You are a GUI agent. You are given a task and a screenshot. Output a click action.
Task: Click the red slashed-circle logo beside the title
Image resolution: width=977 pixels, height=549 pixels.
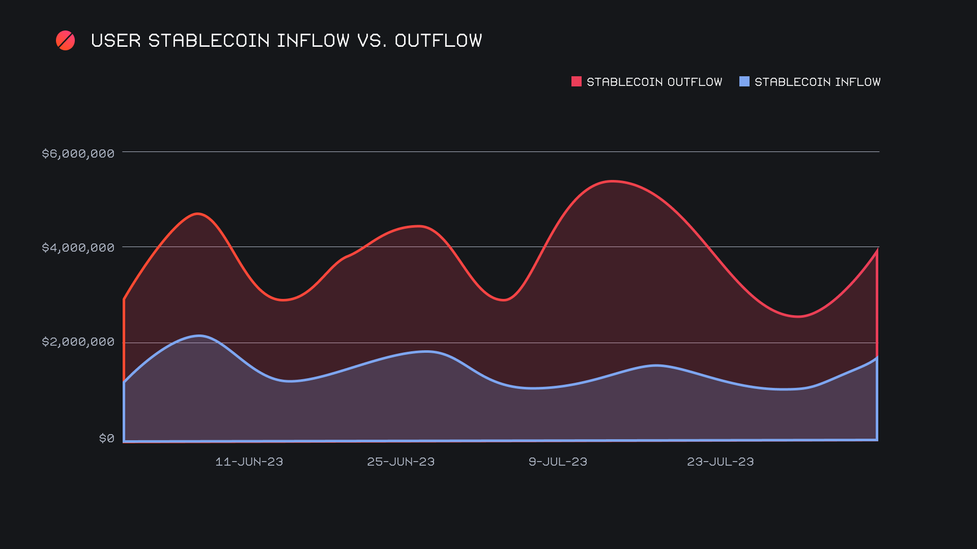65,41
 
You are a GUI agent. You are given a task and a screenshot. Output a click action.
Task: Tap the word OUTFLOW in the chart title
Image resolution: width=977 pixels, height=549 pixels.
438,41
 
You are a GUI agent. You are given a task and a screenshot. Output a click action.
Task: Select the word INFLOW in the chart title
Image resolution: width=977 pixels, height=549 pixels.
313,41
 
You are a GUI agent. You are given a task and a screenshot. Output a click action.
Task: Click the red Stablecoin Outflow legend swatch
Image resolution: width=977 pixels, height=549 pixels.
576,81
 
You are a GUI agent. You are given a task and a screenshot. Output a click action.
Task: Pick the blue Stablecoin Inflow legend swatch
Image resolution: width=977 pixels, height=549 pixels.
744,81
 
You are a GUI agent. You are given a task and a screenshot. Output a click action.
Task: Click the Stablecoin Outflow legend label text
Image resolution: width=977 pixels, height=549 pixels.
654,82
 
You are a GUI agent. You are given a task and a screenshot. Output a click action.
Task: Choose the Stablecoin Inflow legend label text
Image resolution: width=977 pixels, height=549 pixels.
817,82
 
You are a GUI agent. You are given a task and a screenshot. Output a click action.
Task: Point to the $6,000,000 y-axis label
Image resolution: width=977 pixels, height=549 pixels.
78,154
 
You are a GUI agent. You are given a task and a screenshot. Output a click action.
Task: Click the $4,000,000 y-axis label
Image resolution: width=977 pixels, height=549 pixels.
78,248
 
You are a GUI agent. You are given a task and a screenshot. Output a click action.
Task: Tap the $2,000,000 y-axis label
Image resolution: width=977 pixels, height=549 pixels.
78,342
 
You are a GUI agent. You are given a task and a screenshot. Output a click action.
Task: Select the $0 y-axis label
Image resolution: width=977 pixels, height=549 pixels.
106,438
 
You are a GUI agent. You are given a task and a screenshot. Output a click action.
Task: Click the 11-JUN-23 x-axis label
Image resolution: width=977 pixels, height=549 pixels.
249,462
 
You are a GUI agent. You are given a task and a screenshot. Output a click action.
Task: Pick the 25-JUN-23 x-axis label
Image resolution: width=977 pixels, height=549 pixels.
400,462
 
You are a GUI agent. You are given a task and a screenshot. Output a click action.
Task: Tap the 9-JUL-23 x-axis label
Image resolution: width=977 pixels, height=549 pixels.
558,462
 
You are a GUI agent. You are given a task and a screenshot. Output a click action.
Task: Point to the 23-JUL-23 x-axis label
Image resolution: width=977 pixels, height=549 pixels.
720,462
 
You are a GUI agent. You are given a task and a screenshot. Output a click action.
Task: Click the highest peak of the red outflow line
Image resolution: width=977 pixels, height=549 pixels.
613,181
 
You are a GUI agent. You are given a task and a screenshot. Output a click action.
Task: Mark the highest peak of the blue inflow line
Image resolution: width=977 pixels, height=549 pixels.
199,335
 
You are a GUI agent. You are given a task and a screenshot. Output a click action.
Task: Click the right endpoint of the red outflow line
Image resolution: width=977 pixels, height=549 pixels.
877,251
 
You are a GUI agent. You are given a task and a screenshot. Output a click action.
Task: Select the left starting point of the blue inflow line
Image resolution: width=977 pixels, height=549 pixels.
124,382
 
